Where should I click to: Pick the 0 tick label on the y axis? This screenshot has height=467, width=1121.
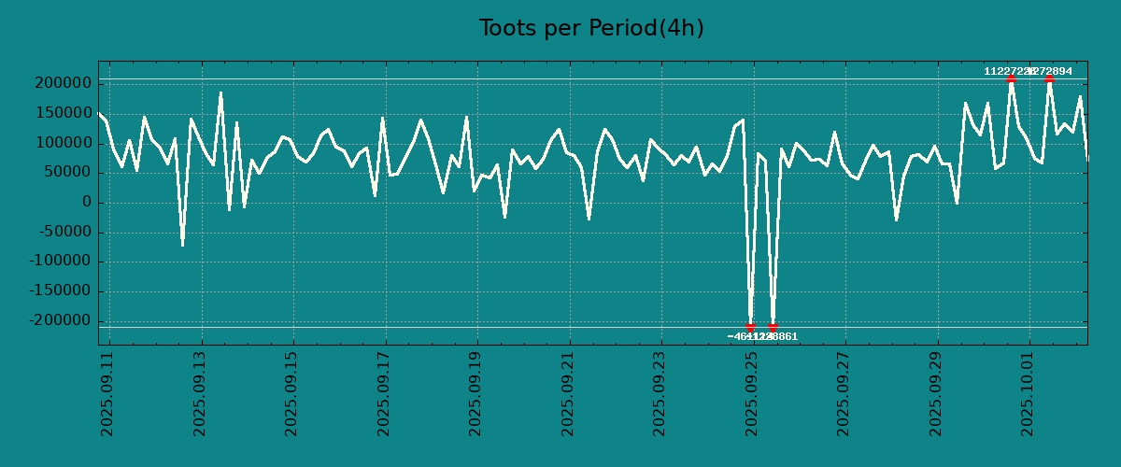tap(87, 203)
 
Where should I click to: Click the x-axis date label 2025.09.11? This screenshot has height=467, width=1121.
tap(106, 393)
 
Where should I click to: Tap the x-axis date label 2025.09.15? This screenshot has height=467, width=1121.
tap(291, 393)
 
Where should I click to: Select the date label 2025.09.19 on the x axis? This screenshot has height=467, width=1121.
tap(475, 393)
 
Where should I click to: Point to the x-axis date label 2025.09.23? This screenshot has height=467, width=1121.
tap(660, 393)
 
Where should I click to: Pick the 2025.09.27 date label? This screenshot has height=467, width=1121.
tap(844, 393)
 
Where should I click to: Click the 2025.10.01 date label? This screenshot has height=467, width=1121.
tap(1029, 393)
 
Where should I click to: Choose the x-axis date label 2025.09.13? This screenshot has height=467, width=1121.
tap(199, 393)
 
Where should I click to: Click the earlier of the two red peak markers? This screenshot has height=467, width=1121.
tap(1011, 79)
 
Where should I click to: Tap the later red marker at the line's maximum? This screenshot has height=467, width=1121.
tap(1049, 79)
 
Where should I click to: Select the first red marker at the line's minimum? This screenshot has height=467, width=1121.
tap(750, 327)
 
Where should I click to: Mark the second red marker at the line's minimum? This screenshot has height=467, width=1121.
tap(773, 327)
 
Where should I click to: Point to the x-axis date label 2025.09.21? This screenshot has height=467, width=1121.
tap(568, 393)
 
